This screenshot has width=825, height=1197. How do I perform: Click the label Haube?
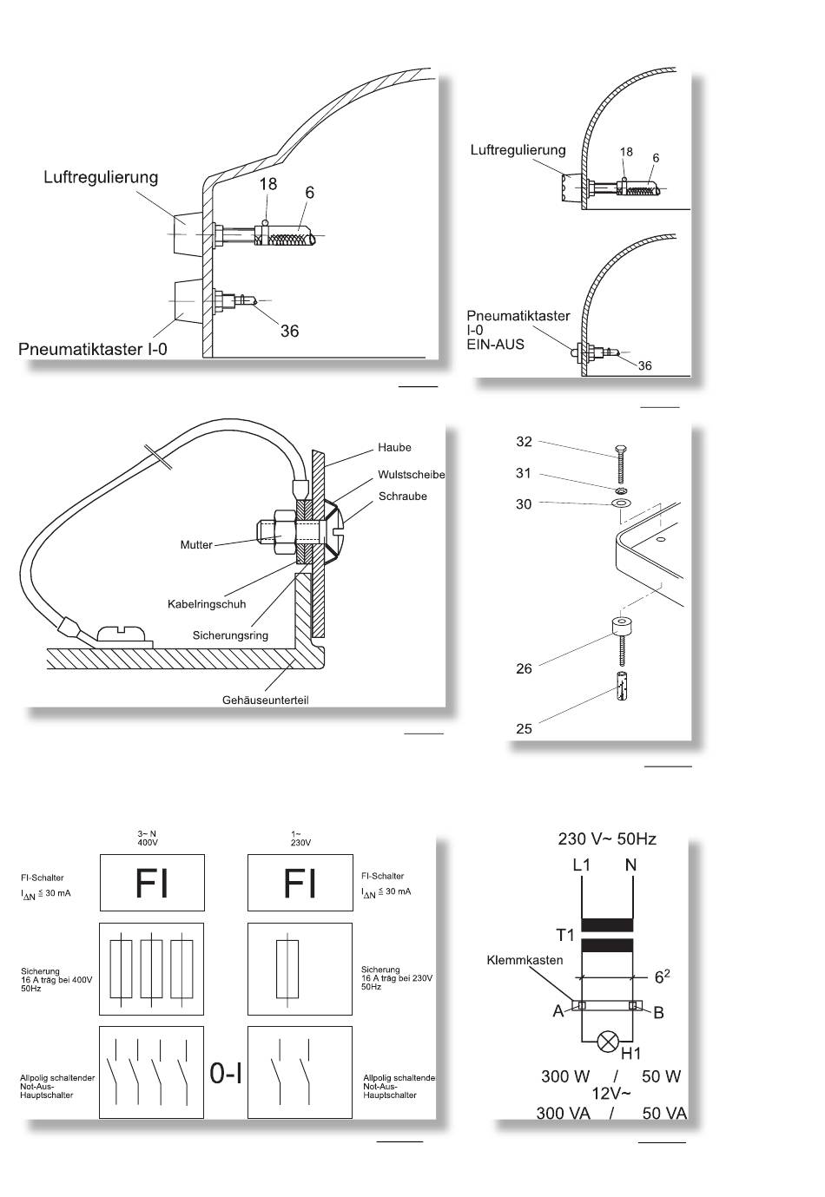(x=394, y=447)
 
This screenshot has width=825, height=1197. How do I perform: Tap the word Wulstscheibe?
(x=411, y=475)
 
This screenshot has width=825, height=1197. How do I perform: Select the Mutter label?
(x=196, y=545)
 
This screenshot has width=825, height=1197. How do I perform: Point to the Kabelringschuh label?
(x=207, y=604)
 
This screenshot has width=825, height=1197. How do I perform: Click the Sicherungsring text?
(x=230, y=635)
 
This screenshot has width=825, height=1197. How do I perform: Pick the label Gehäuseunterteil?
(x=265, y=700)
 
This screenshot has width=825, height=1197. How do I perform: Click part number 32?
(x=524, y=442)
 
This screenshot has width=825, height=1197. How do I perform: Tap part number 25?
(x=524, y=729)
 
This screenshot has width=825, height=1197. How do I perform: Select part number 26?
(x=524, y=668)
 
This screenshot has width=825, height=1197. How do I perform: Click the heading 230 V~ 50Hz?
(x=607, y=839)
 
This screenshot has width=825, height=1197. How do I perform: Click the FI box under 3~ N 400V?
(x=152, y=882)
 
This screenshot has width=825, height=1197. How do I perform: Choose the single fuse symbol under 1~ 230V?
(x=287, y=970)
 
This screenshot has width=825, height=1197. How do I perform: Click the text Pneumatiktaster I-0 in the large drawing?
(x=93, y=349)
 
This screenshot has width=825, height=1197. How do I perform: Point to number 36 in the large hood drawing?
(x=289, y=331)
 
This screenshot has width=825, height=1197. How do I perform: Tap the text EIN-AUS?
(x=495, y=344)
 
